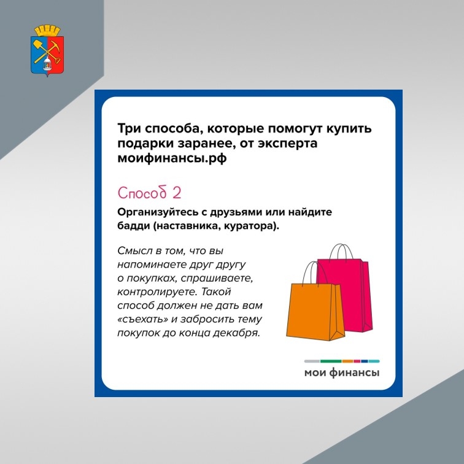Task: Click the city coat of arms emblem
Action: pyautogui.click(x=47, y=51)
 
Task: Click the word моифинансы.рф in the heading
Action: pyautogui.click(x=172, y=158)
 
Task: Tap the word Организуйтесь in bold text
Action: pyautogui.click(x=153, y=212)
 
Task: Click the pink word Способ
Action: pyautogui.click(x=142, y=193)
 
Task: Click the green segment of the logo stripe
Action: pyautogui.click(x=331, y=362)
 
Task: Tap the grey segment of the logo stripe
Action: pyautogui.click(x=312, y=362)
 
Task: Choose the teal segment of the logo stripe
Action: pyautogui.click(x=374, y=362)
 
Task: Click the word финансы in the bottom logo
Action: pyautogui.click(x=355, y=373)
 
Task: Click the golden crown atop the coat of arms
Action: pyautogui.click(x=47, y=31)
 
